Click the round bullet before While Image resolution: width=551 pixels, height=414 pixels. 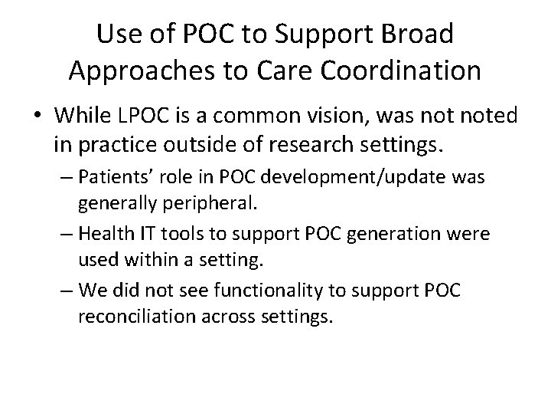38,117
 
